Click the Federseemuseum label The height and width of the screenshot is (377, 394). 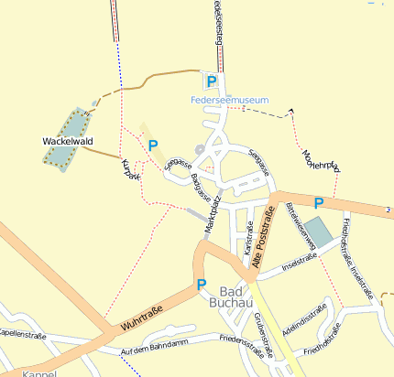coord(228,99)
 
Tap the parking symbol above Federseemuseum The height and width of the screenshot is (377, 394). coord(211,82)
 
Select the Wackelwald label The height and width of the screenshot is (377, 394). coord(68,142)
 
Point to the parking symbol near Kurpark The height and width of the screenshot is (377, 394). coord(152,145)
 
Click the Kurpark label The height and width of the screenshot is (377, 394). coord(131,170)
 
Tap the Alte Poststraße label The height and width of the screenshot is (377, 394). coord(262,241)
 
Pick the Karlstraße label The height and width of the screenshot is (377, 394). coord(248,236)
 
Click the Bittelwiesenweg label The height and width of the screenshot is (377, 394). coord(301,225)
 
